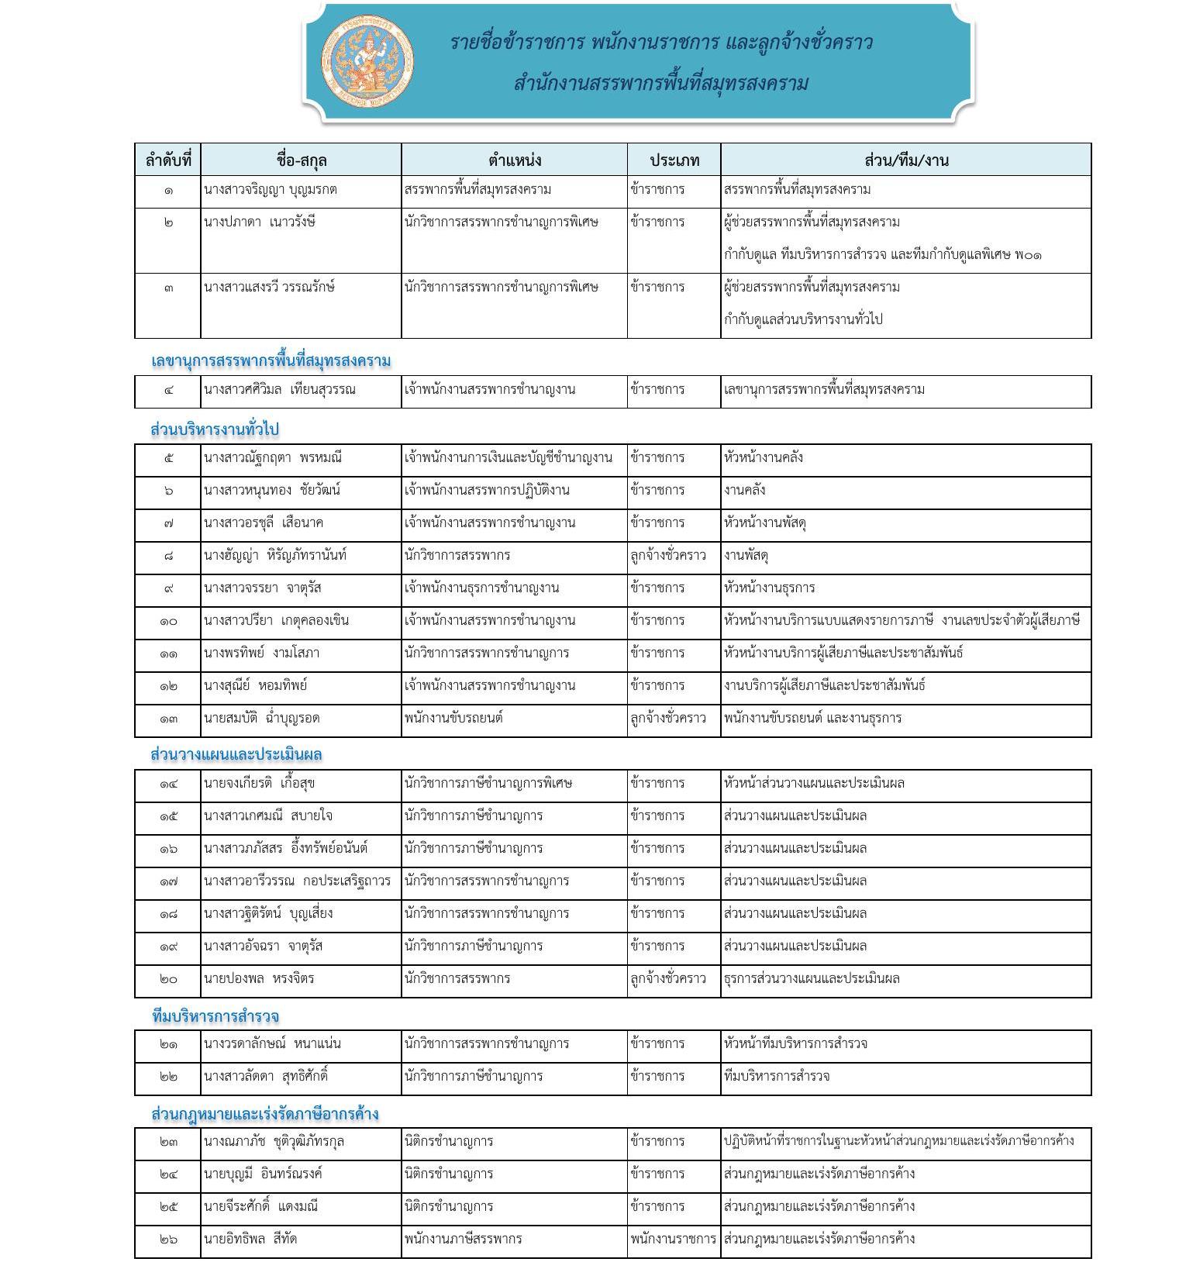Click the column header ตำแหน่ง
(515, 160)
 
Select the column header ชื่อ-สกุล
(302, 160)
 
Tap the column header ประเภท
(674, 160)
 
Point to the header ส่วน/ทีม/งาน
(906, 160)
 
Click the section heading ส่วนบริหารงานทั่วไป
(215, 429)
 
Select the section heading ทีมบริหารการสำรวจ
(215, 1015)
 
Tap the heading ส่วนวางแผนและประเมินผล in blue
(236, 754)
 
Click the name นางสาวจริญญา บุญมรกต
(271, 190)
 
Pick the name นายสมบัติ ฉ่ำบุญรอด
(261, 718)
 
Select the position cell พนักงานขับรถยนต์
(453, 718)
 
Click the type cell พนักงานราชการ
(674, 1239)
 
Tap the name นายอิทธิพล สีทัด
(250, 1239)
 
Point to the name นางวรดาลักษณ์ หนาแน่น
(272, 1043)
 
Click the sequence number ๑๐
(168, 621)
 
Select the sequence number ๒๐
(168, 979)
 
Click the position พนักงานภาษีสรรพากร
(463, 1239)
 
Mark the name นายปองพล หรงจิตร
(259, 978)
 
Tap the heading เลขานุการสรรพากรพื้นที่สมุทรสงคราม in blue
(271, 360)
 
